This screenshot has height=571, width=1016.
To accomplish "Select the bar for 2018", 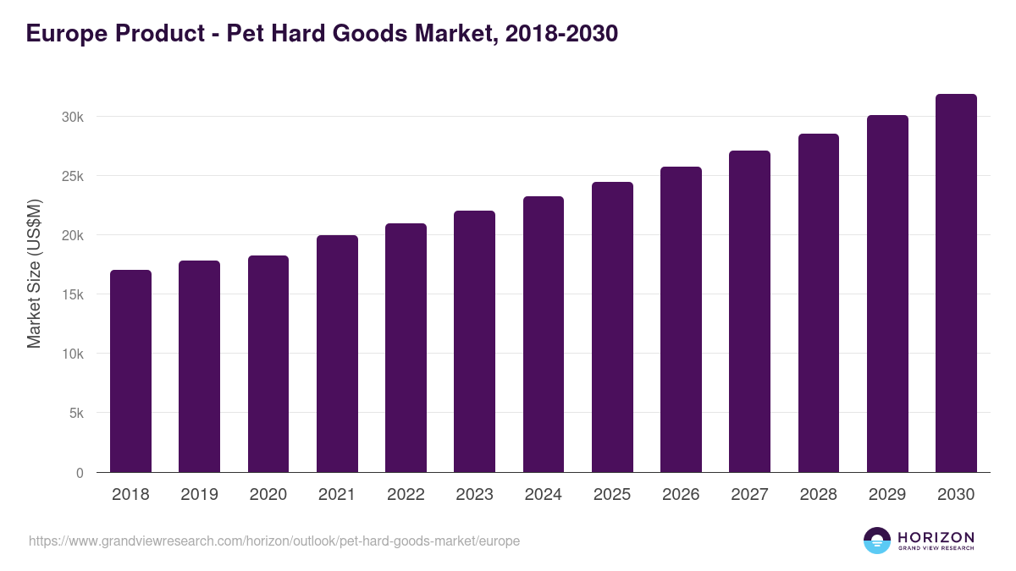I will pos(130,372).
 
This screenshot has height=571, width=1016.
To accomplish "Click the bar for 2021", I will pos(337,355).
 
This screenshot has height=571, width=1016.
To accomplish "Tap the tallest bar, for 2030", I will pos(956,283).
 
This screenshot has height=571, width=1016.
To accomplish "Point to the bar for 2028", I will pos(819,305).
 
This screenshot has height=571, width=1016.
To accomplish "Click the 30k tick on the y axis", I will pos(73,117).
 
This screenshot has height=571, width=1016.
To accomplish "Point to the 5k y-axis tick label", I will pos(76,414).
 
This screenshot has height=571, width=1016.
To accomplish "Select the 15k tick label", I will pos(73,295).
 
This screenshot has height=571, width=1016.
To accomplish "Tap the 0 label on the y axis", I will pos(80,473).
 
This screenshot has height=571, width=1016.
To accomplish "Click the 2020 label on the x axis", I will pos(268,495).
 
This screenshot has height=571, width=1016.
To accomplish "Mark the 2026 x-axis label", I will pos(681,495).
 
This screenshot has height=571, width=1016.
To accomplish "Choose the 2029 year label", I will pos(887,495).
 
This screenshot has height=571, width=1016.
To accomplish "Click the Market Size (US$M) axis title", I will pos(34,273).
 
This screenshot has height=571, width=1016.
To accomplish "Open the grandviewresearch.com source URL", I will pos(274,541).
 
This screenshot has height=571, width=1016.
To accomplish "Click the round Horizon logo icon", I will pos(877,541).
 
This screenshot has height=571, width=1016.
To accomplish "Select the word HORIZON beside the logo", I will pos(936,536).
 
